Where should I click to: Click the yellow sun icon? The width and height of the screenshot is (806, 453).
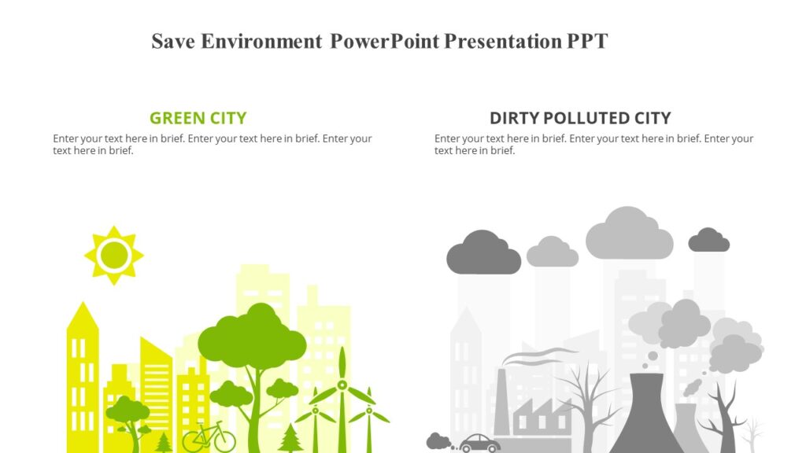[114, 255]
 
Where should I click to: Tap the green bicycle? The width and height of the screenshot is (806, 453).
[209, 437]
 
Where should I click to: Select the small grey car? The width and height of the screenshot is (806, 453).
[479, 444]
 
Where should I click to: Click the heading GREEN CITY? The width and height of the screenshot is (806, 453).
[198, 119]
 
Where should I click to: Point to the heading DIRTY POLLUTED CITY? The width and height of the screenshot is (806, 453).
[580, 119]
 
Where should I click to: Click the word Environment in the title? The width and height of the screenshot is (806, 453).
[261, 42]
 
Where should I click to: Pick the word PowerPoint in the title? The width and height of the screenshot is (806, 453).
[384, 42]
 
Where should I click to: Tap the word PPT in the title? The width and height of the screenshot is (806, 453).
[587, 42]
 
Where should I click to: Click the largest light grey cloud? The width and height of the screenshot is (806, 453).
[629, 235]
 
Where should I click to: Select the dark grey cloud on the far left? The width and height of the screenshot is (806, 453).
[483, 254]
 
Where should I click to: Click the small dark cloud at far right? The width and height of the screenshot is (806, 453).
[708, 241]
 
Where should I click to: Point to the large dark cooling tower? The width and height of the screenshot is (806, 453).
[645, 417]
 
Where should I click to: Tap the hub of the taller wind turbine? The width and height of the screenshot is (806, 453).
[342, 385]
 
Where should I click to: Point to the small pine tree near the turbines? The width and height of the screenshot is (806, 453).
[290, 439]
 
